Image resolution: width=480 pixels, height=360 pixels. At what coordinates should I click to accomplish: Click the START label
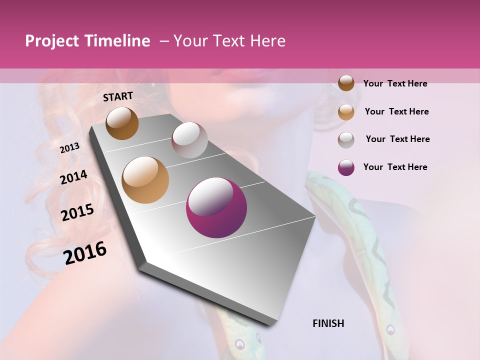(x=118, y=96)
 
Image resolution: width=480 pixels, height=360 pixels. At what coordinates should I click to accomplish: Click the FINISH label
(x=328, y=323)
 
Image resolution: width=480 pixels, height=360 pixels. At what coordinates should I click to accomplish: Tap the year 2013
(x=69, y=147)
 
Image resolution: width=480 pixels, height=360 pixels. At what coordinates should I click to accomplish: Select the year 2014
(x=73, y=177)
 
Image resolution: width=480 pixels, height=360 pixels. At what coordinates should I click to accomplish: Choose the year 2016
(x=85, y=253)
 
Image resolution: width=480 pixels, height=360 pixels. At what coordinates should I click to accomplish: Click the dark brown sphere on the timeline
(x=122, y=123)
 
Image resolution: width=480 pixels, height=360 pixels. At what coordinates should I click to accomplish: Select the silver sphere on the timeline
(x=189, y=140)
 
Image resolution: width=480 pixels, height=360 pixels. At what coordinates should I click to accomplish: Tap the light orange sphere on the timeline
(x=145, y=180)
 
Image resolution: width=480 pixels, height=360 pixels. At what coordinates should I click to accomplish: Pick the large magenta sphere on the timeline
(x=216, y=207)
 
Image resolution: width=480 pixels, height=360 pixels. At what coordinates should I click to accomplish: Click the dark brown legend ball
(x=346, y=83)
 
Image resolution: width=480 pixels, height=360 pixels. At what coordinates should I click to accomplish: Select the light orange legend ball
(x=346, y=112)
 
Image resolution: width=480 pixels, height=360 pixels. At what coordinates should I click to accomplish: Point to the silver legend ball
(x=346, y=139)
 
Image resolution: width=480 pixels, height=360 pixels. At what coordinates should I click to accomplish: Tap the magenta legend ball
(x=346, y=167)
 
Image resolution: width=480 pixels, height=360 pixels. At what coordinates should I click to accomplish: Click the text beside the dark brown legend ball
(x=395, y=83)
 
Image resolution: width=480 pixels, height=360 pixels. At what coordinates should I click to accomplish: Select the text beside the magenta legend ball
(x=395, y=167)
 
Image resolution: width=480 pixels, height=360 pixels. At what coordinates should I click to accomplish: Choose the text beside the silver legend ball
(x=397, y=139)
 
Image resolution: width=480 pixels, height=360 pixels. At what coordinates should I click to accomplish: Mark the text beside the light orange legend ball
(x=396, y=111)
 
